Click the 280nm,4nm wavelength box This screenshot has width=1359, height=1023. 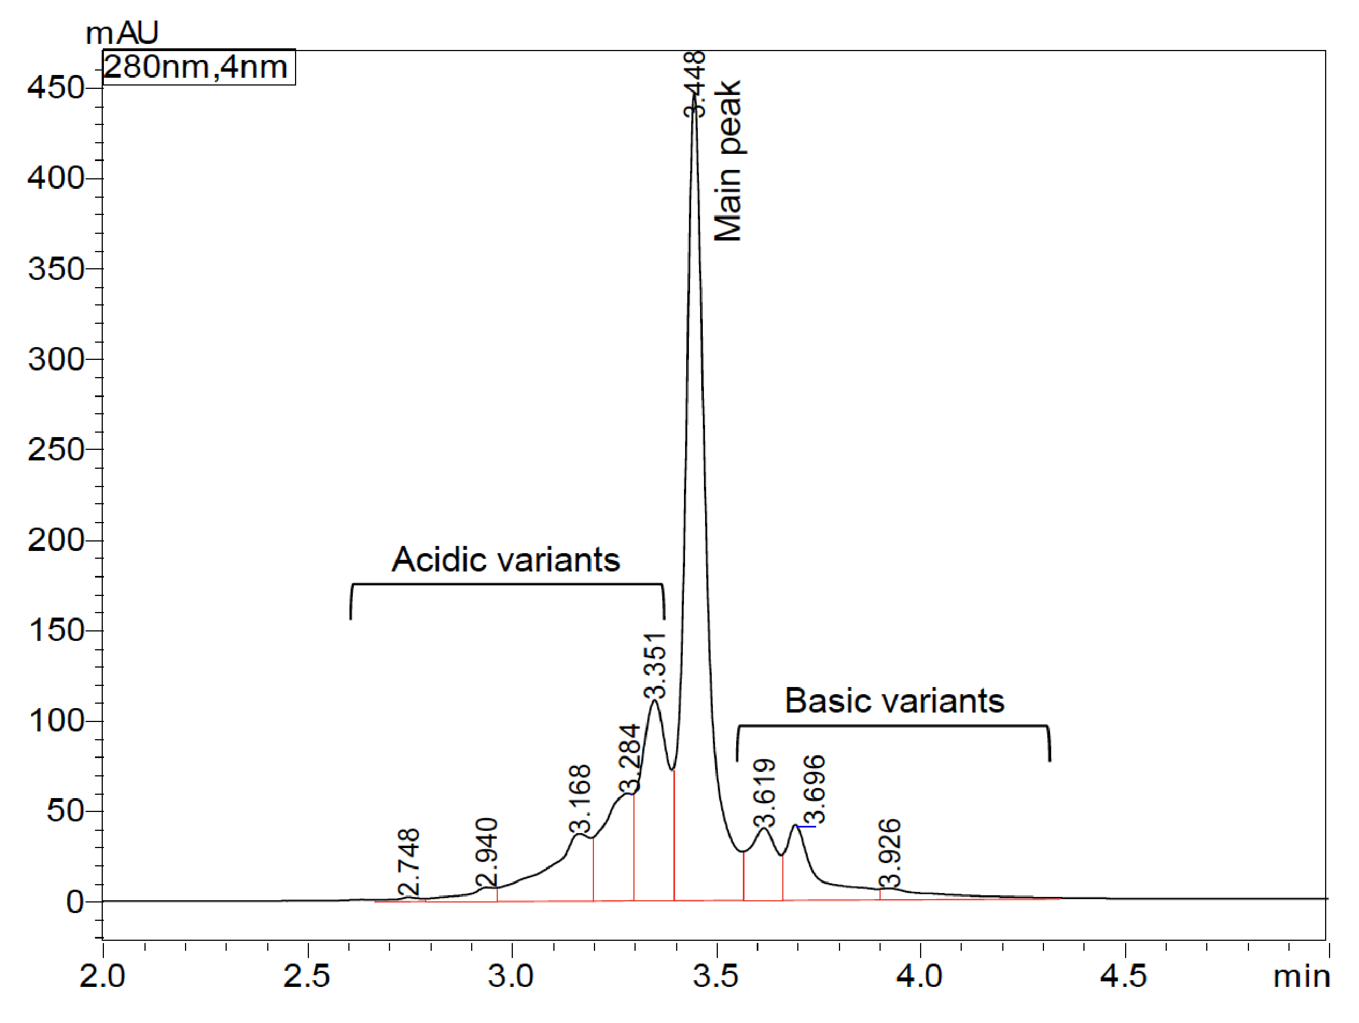(198, 67)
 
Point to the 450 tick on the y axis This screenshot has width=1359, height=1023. (56, 88)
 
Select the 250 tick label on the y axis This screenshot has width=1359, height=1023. (56, 450)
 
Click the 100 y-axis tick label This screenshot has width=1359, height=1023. (56, 721)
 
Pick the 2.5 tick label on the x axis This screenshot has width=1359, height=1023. (307, 976)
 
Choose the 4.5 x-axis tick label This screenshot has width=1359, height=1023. (1123, 976)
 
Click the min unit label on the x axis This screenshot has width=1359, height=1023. (1301, 976)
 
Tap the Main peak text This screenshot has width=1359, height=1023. (728, 161)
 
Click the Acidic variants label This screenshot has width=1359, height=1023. (506, 559)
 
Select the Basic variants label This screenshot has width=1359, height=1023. (894, 701)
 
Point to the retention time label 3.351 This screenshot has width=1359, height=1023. (655, 666)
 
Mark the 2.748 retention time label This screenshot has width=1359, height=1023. (408, 862)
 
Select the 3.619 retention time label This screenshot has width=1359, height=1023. (765, 793)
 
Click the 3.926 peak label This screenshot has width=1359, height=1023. (889, 853)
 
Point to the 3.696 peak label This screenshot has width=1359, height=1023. (814, 789)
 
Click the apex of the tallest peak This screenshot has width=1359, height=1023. (695, 93)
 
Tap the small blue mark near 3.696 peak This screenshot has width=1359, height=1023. (807, 827)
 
